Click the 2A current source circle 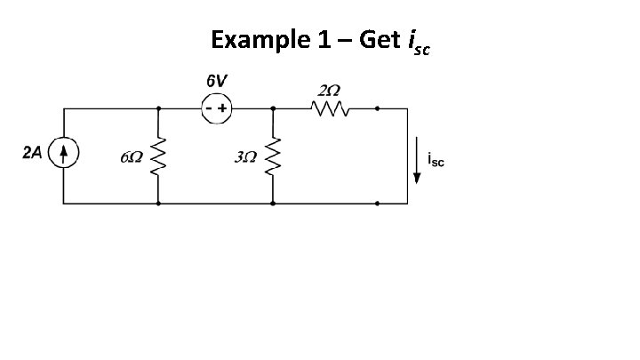[64, 155]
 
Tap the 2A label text [31, 153]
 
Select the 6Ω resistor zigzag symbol [158, 157]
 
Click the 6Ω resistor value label [131, 158]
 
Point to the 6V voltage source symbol [215, 108]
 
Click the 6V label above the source [215, 81]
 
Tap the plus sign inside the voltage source [222, 108]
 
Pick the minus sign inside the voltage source [208, 108]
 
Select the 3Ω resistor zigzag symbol [272, 157]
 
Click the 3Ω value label [245, 158]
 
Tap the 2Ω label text [329, 90]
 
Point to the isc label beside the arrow [436, 159]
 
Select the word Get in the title [380, 40]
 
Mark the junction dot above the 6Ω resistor [158, 108]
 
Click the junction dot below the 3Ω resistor [272, 204]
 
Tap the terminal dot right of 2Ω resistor [377, 108]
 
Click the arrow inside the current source [64, 154]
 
